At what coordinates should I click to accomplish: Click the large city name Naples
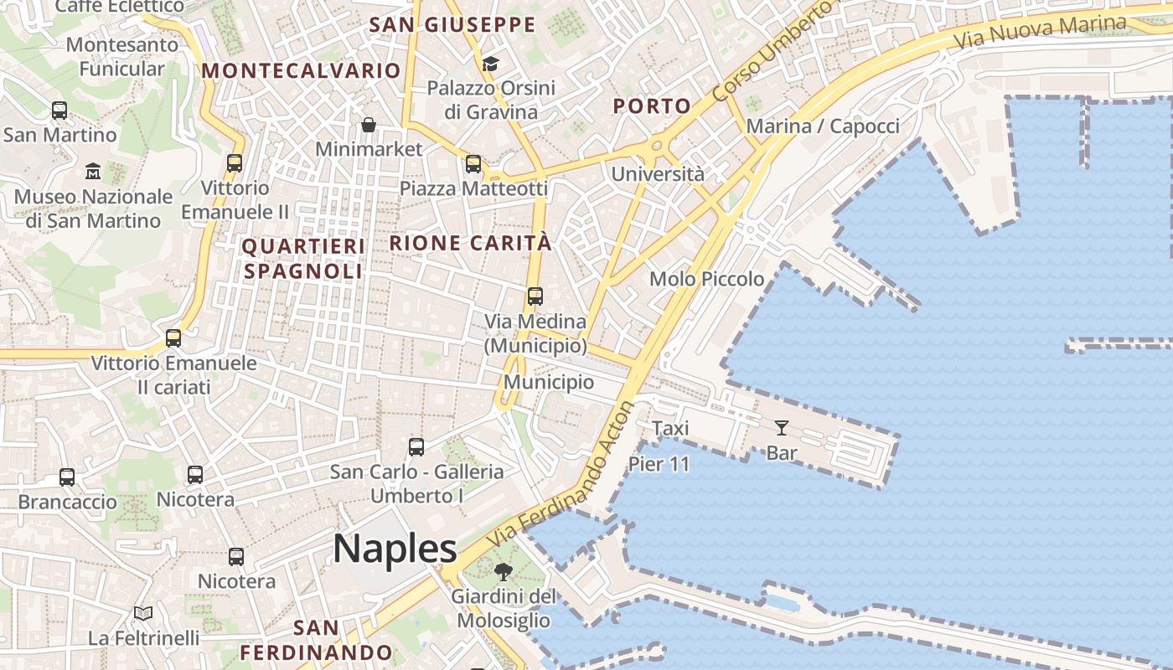(x=395, y=549)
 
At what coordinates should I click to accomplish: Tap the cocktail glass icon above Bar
(x=782, y=428)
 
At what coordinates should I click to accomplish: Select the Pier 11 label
(x=659, y=464)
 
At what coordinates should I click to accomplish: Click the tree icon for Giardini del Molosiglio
(x=503, y=572)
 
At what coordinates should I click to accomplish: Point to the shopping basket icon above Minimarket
(x=369, y=125)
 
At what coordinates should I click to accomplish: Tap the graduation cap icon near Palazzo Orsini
(x=490, y=64)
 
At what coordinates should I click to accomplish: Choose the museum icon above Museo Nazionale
(x=93, y=172)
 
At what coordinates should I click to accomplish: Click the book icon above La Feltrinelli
(x=143, y=614)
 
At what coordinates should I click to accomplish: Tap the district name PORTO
(x=652, y=106)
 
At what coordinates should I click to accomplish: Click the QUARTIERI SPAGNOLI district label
(x=303, y=259)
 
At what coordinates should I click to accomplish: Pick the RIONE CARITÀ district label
(x=471, y=244)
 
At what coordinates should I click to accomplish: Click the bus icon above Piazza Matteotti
(x=473, y=164)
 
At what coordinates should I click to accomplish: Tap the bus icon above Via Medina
(x=535, y=296)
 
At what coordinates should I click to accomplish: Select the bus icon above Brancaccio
(x=67, y=477)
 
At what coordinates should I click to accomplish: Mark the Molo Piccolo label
(x=706, y=279)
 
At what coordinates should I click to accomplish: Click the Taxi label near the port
(x=670, y=429)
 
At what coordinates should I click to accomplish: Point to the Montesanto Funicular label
(x=122, y=56)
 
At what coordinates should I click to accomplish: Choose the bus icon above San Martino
(x=59, y=110)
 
